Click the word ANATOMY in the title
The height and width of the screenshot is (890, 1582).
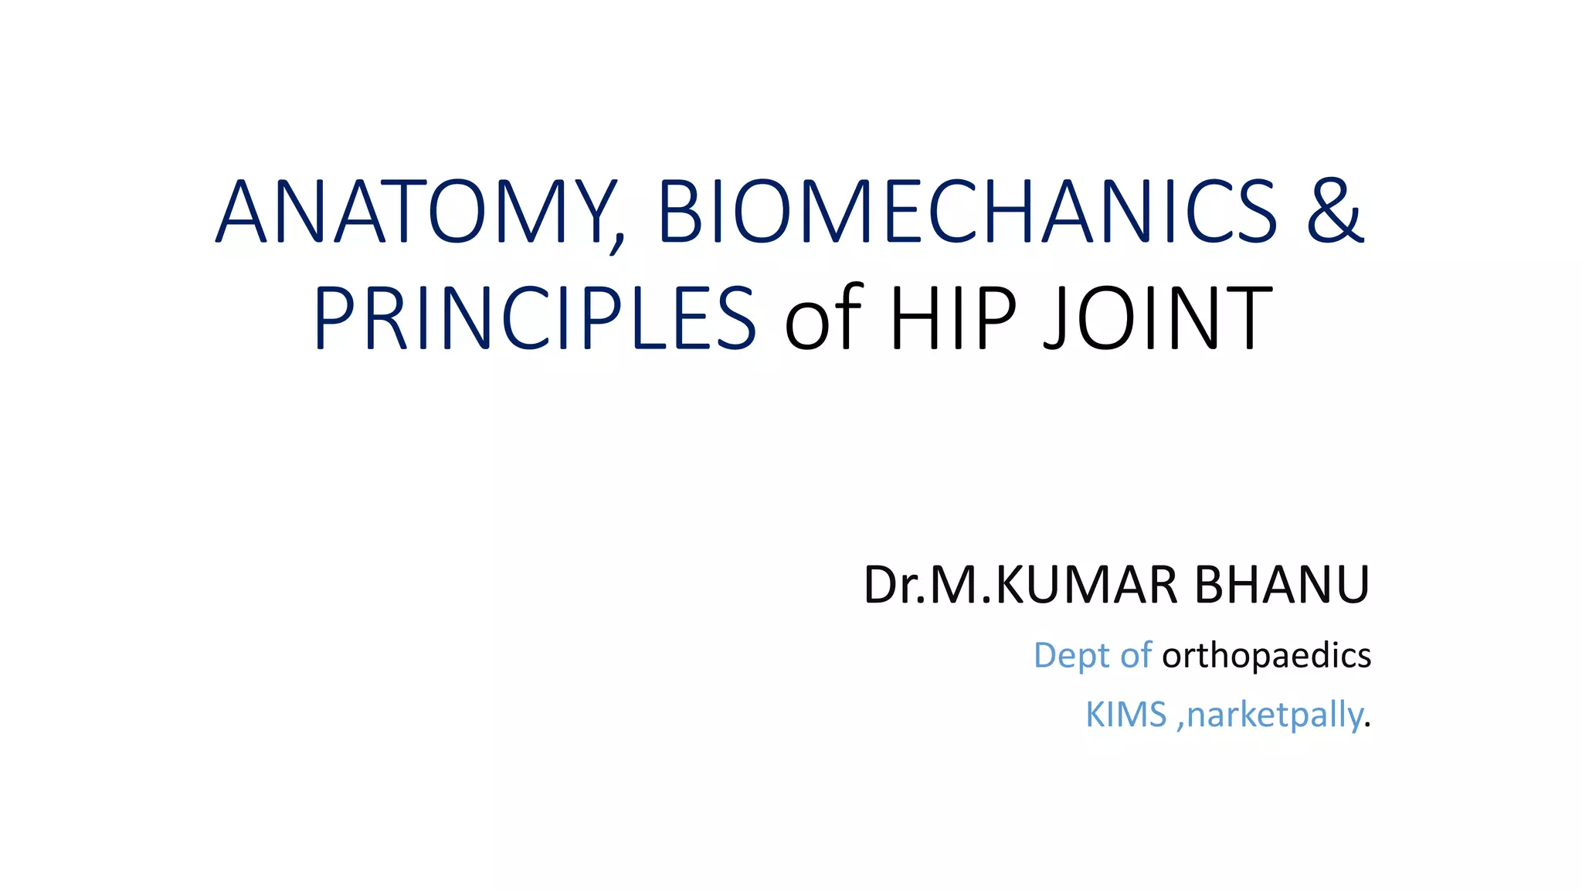coord(413,212)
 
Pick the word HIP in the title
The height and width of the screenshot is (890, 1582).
coord(952,318)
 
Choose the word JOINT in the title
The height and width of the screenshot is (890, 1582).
coord(1156,318)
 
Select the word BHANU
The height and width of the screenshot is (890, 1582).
coord(1282,585)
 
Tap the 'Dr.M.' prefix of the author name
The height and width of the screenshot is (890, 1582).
coord(928,585)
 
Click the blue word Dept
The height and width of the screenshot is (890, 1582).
coord(1071,656)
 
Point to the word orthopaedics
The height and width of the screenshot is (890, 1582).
coord(1266,656)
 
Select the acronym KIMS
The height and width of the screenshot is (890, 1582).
coord(1125,715)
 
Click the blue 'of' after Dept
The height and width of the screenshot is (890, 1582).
coord(1136,655)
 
